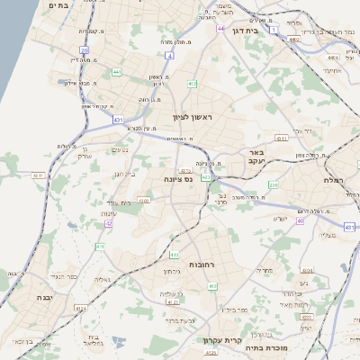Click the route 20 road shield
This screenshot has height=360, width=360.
[x=84, y=50]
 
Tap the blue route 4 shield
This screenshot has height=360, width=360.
[x=170, y=56]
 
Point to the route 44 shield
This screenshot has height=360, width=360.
[x=220, y=29]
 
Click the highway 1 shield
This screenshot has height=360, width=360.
[x=274, y=30]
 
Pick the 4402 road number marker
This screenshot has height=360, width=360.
[x=294, y=40]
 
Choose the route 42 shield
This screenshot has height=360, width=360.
[x=109, y=223]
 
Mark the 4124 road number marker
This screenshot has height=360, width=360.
[x=81, y=309]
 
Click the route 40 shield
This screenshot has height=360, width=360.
[x=300, y=220]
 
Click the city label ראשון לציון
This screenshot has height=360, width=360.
[x=194, y=117]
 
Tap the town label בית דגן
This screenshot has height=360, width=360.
[x=245, y=30]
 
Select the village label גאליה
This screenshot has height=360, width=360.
[x=103, y=279]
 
